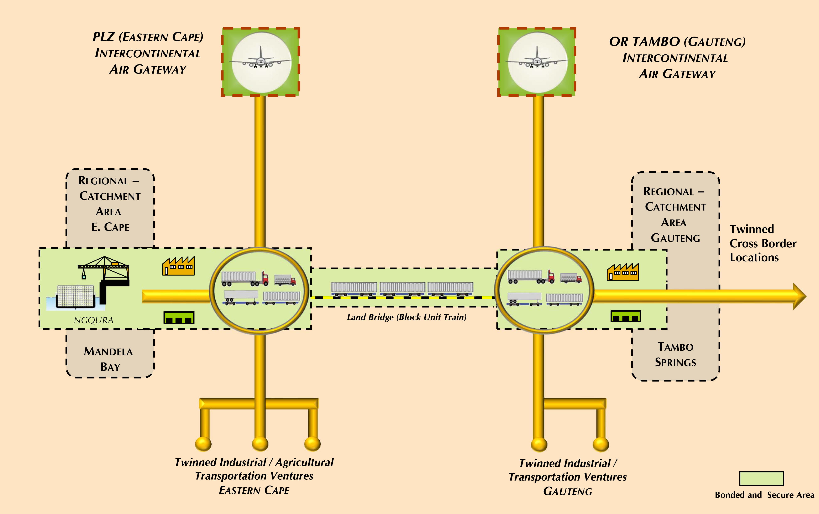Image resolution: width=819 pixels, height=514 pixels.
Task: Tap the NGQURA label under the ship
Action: click(x=94, y=320)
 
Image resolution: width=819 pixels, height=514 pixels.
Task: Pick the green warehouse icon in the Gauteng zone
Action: click(x=626, y=316)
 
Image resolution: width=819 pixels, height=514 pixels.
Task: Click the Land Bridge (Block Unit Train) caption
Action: click(x=407, y=317)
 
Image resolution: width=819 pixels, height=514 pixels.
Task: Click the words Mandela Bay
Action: click(x=109, y=359)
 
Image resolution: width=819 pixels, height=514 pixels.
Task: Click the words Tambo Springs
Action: click(x=676, y=354)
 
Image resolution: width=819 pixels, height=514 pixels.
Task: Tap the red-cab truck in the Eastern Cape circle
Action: click(x=245, y=278)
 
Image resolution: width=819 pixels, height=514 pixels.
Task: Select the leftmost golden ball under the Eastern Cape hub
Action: click(x=203, y=443)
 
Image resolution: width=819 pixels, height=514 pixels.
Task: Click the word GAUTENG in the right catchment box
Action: click(x=676, y=238)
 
